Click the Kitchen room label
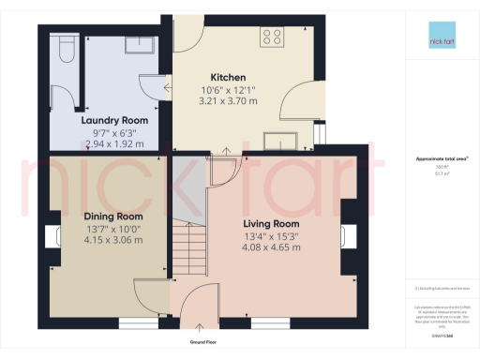229,76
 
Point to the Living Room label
271,224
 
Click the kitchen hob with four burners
273,37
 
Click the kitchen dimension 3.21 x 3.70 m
229,100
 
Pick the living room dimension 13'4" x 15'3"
271,236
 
